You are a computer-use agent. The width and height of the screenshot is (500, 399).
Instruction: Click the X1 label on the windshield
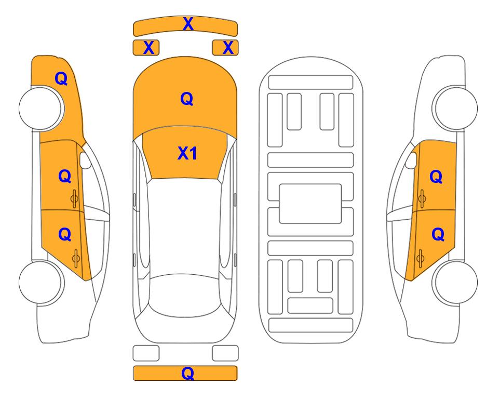pos(187,153)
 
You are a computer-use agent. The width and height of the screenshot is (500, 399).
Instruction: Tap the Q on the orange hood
pos(187,99)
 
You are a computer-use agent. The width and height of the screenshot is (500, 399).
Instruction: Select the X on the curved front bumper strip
pos(188,24)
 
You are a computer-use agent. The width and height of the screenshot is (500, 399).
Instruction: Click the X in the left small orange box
pos(148,48)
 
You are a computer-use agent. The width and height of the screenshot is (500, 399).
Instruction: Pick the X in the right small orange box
pos(228,48)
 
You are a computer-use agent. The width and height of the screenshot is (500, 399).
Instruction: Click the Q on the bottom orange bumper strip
pos(188,373)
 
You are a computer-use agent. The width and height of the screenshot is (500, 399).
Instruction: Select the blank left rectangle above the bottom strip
pos(146,353)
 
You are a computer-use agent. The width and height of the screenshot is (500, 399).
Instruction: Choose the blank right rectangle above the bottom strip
pos(225,353)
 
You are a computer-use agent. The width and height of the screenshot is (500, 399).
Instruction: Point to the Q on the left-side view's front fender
pos(61,78)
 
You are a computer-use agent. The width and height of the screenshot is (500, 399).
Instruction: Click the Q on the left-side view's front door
pos(65,176)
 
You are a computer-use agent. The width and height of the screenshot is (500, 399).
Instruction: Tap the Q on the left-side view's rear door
pos(65,235)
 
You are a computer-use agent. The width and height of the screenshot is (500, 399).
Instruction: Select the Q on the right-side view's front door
pos(436,177)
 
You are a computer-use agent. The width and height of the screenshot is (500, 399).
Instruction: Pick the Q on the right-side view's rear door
pos(438,235)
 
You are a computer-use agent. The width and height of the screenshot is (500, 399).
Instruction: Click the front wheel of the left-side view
pos(42,108)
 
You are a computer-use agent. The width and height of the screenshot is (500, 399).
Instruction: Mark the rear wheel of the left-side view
pos(42,282)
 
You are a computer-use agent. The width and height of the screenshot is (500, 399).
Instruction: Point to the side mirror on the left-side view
pos(85,160)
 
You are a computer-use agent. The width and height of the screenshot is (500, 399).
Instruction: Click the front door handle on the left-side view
pos(74,198)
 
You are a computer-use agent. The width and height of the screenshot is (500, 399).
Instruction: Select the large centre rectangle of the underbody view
pos(310,204)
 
